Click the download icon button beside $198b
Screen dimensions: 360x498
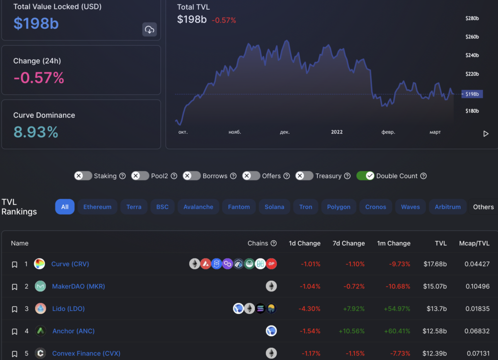click(149, 30)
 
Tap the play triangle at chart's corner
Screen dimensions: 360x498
click(485, 134)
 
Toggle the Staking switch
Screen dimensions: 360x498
click(83, 176)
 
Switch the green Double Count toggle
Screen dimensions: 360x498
click(365, 176)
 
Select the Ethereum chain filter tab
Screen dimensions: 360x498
click(97, 207)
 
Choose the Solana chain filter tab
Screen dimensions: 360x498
click(274, 207)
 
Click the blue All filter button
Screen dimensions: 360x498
click(65, 207)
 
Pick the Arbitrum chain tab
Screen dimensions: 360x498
click(447, 207)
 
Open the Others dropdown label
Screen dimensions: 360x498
click(483, 207)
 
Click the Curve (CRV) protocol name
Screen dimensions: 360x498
click(70, 264)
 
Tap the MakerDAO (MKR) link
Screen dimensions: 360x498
click(78, 287)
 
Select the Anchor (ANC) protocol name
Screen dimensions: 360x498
click(73, 331)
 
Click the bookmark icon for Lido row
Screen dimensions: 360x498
click(15, 309)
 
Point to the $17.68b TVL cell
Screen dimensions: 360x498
click(435, 264)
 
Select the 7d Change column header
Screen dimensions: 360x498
click(348, 243)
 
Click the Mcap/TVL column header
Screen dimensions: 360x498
click(474, 243)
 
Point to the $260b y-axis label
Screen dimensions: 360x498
click(472, 37)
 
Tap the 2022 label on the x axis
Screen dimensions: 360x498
click(337, 132)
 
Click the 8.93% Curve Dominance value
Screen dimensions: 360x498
click(36, 132)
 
